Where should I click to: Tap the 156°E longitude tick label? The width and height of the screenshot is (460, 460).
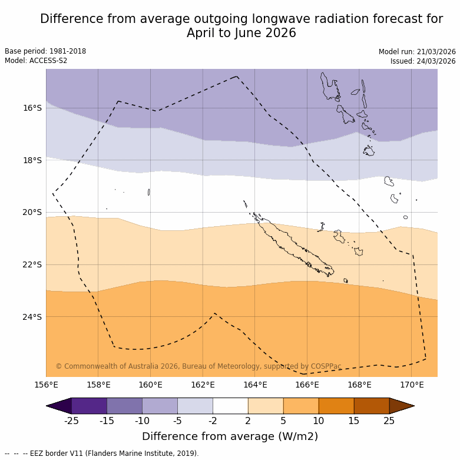click(x=46, y=385)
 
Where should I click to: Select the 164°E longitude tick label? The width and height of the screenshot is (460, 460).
click(x=255, y=385)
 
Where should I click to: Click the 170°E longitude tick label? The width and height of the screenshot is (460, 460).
click(x=412, y=385)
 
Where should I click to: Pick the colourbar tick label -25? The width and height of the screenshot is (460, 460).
click(x=71, y=421)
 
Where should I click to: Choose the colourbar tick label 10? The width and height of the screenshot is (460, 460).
click(x=319, y=421)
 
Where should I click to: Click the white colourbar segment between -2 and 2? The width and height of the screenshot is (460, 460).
click(x=230, y=406)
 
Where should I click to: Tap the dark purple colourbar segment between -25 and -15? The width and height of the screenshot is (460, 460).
click(x=89, y=406)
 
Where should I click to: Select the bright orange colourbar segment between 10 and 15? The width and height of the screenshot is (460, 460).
click(x=336, y=406)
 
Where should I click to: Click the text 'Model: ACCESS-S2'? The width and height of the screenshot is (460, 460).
click(x=36, y=61)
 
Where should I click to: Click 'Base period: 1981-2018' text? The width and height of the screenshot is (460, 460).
click(x=45, y=51)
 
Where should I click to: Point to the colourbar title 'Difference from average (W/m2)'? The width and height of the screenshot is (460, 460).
click(x=230, y=436)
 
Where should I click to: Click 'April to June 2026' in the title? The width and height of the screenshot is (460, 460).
click(x=241, y=33)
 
